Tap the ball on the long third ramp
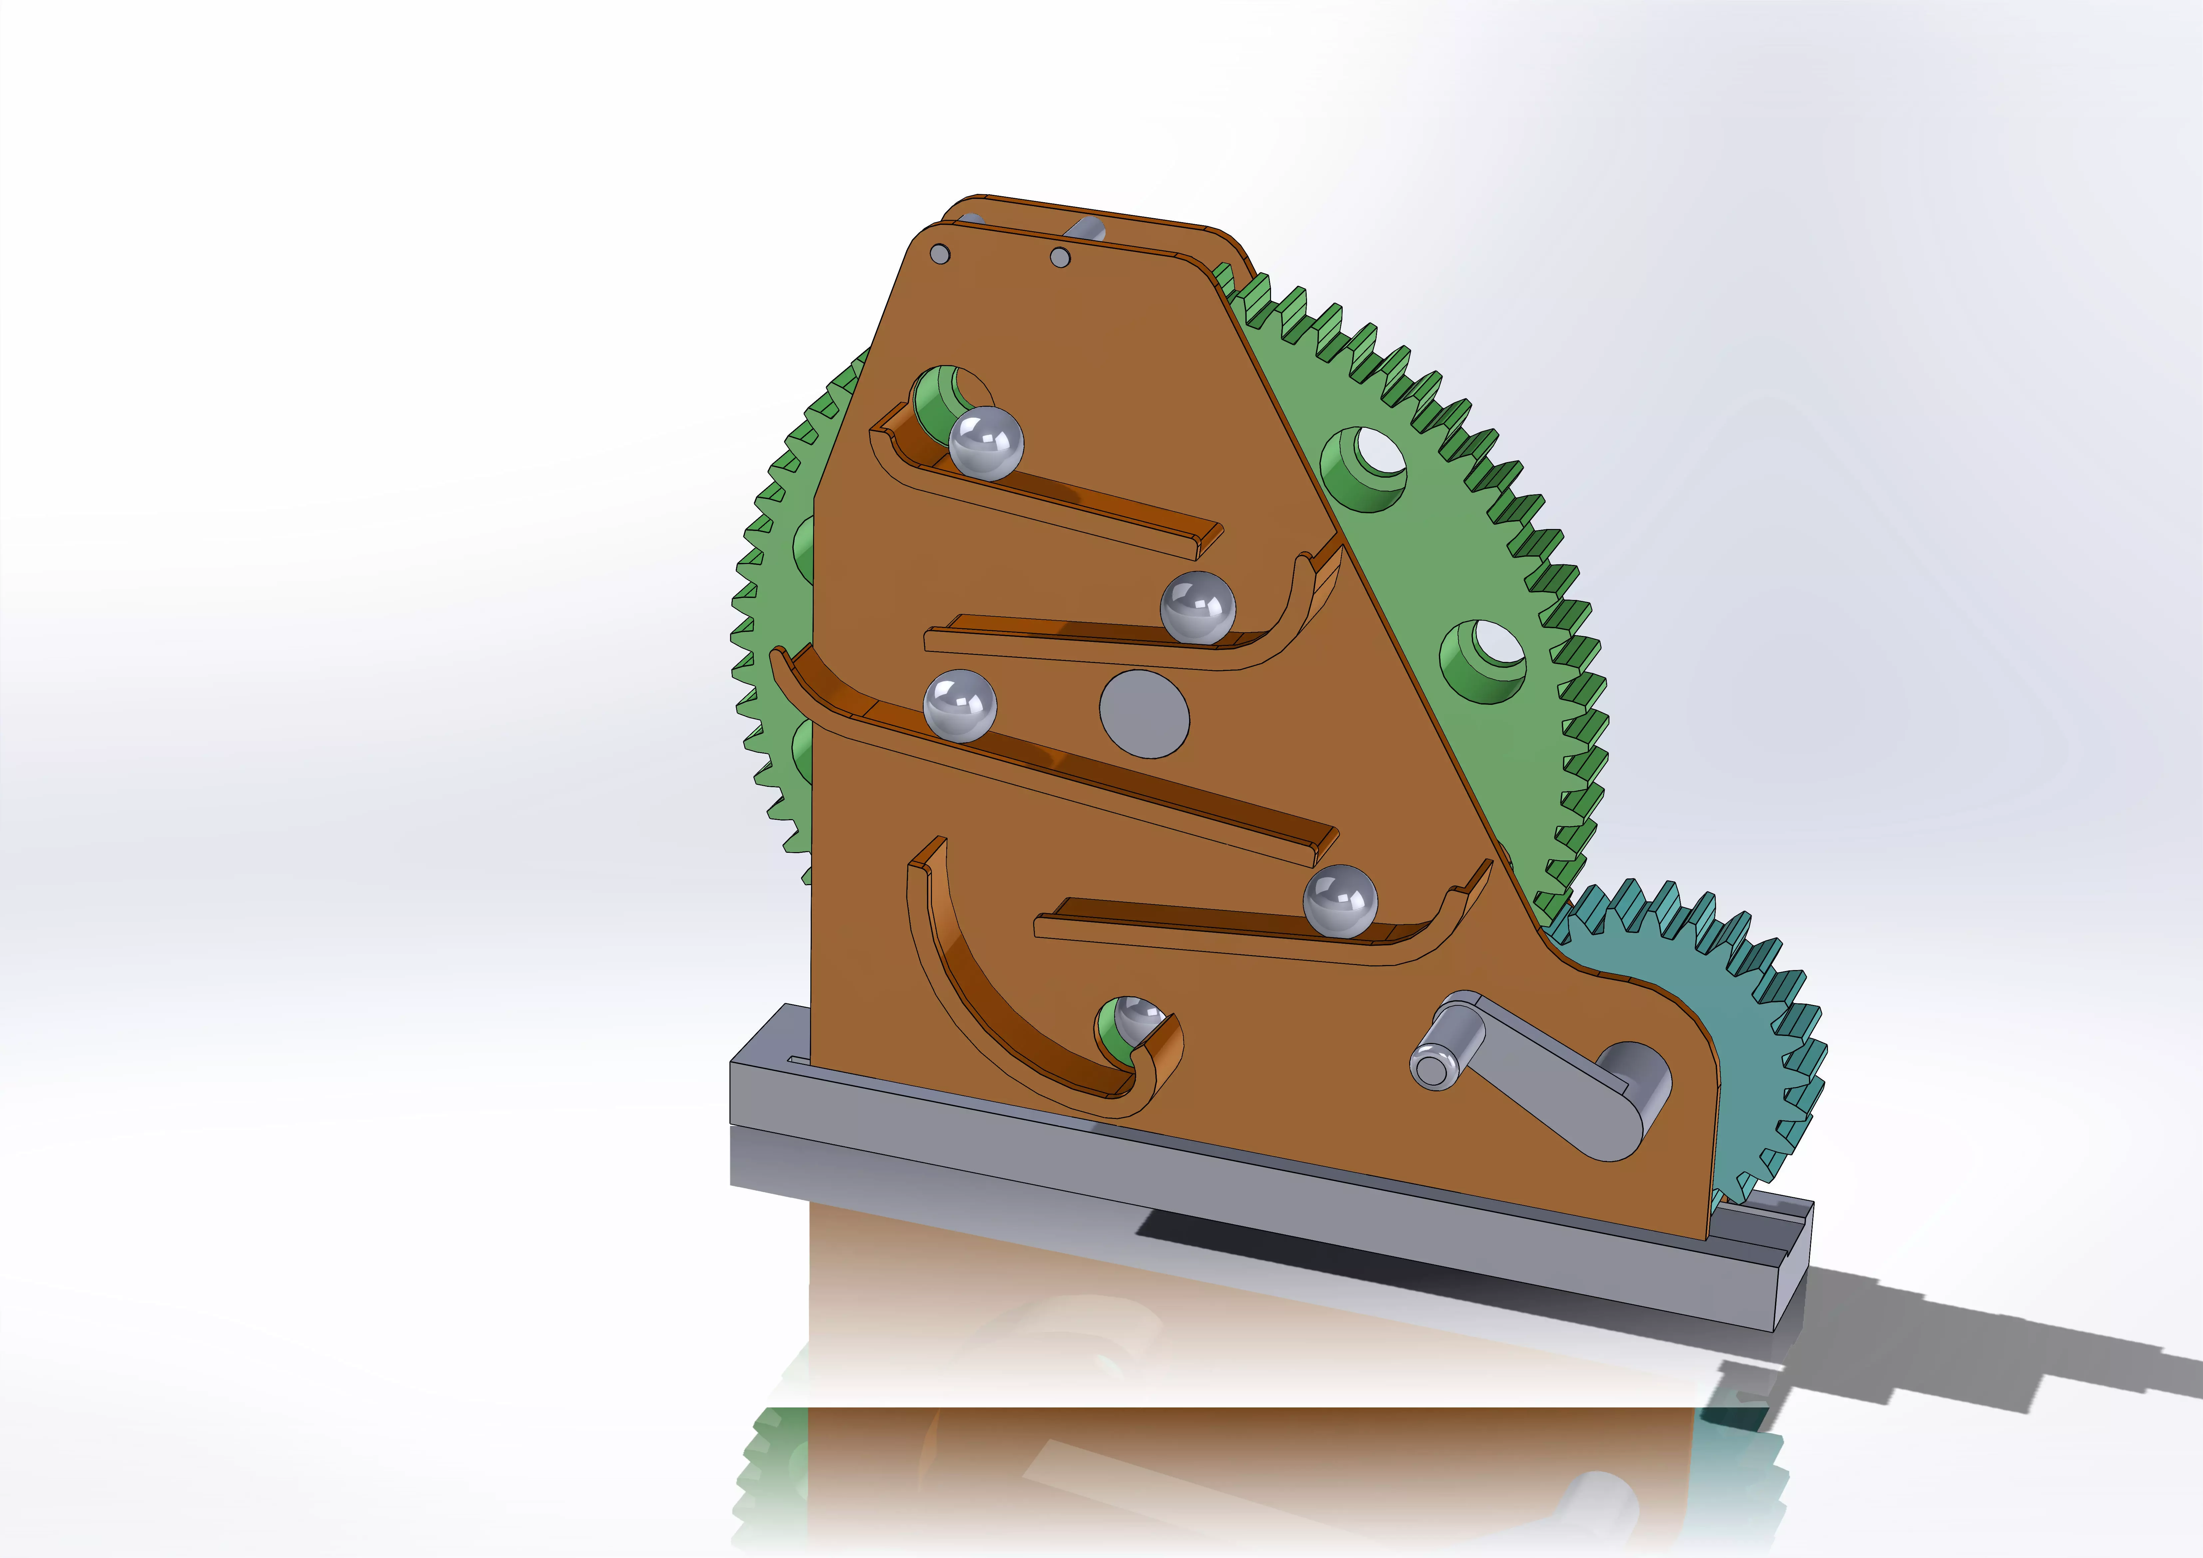pyautogui.click(x=960, y=705)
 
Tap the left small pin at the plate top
pyautogui.click(x=940, y=253)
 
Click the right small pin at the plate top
pyautogui.click(x=1060, y=257)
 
